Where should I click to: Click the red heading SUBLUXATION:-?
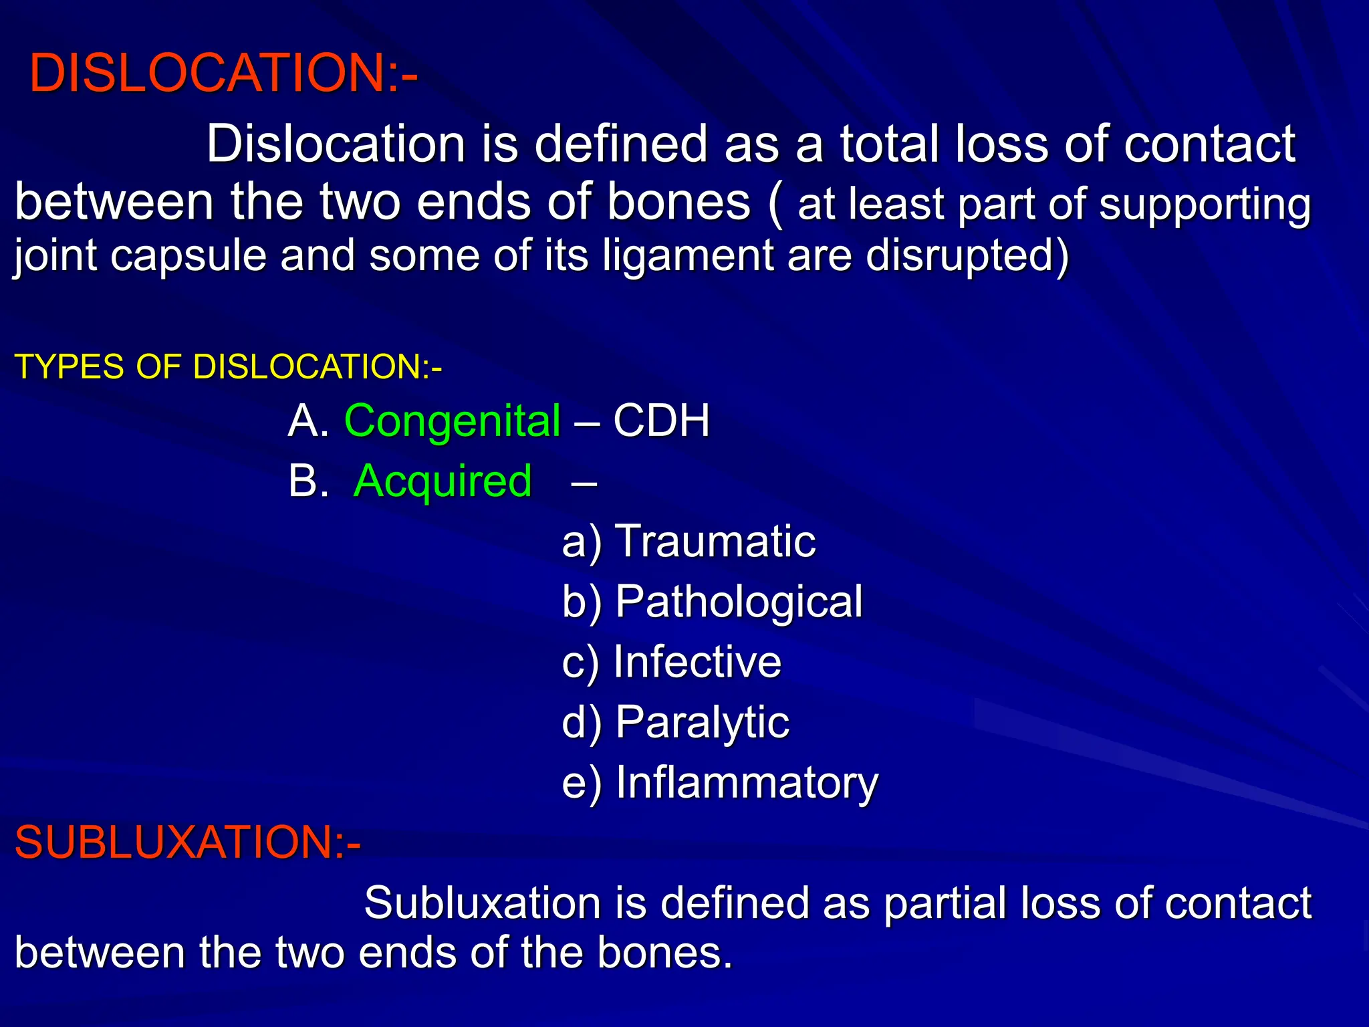tap(188, 842)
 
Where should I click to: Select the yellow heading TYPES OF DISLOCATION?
tap(227, 366)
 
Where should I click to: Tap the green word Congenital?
tap(452, 421)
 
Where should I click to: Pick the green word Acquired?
tap(443, 481)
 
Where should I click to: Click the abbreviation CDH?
tap(661, 421)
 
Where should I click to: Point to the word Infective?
tap(697, 661)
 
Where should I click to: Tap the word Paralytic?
tap(702, 722)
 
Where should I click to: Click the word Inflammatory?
tap(747, 782)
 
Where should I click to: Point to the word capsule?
tap(188, 256)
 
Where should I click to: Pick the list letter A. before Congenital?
tap(308, 421)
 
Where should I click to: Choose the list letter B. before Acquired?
tap(308, 481)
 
